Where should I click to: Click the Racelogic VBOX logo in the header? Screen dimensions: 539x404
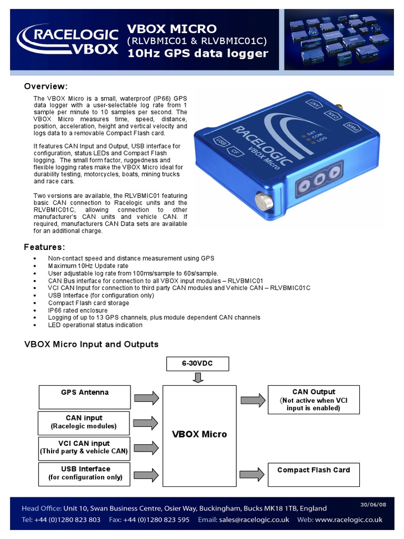67,42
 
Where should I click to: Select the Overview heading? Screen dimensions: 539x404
46,86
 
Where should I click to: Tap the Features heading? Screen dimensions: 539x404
45,247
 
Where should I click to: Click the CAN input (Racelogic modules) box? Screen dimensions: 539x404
84,422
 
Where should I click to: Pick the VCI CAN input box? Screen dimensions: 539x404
84,447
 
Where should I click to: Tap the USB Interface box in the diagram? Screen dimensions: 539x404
84,473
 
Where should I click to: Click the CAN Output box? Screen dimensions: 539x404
314,400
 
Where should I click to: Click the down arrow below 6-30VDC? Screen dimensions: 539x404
198,377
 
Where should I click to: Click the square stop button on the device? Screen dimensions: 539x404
319,179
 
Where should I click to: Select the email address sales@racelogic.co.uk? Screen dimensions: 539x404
255,520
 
